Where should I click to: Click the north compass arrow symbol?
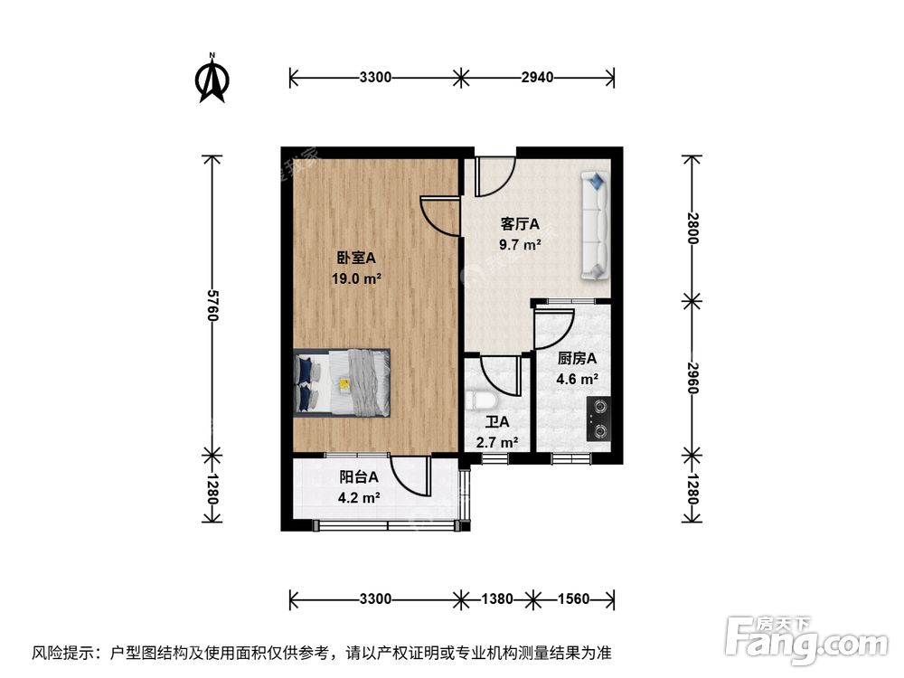(212, 80)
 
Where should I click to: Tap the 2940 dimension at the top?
(537, 77)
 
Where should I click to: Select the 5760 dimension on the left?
(212, 306)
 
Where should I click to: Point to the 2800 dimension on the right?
(692, 226)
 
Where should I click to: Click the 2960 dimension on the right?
(692, 375)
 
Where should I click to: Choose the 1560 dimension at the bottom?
(573, 598)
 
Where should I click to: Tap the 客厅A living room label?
(521, 224)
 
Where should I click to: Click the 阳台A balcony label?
(358, 477)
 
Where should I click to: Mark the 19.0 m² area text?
(356, 279)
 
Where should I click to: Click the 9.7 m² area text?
(521, 243)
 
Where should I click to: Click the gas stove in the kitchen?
(598, 419)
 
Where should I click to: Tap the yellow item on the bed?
(344, 383)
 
